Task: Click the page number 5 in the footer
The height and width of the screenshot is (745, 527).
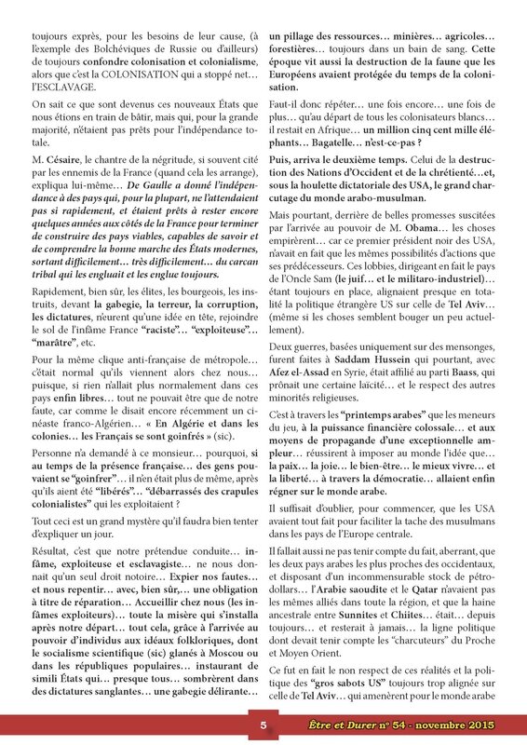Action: click(x=263, y=725)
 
